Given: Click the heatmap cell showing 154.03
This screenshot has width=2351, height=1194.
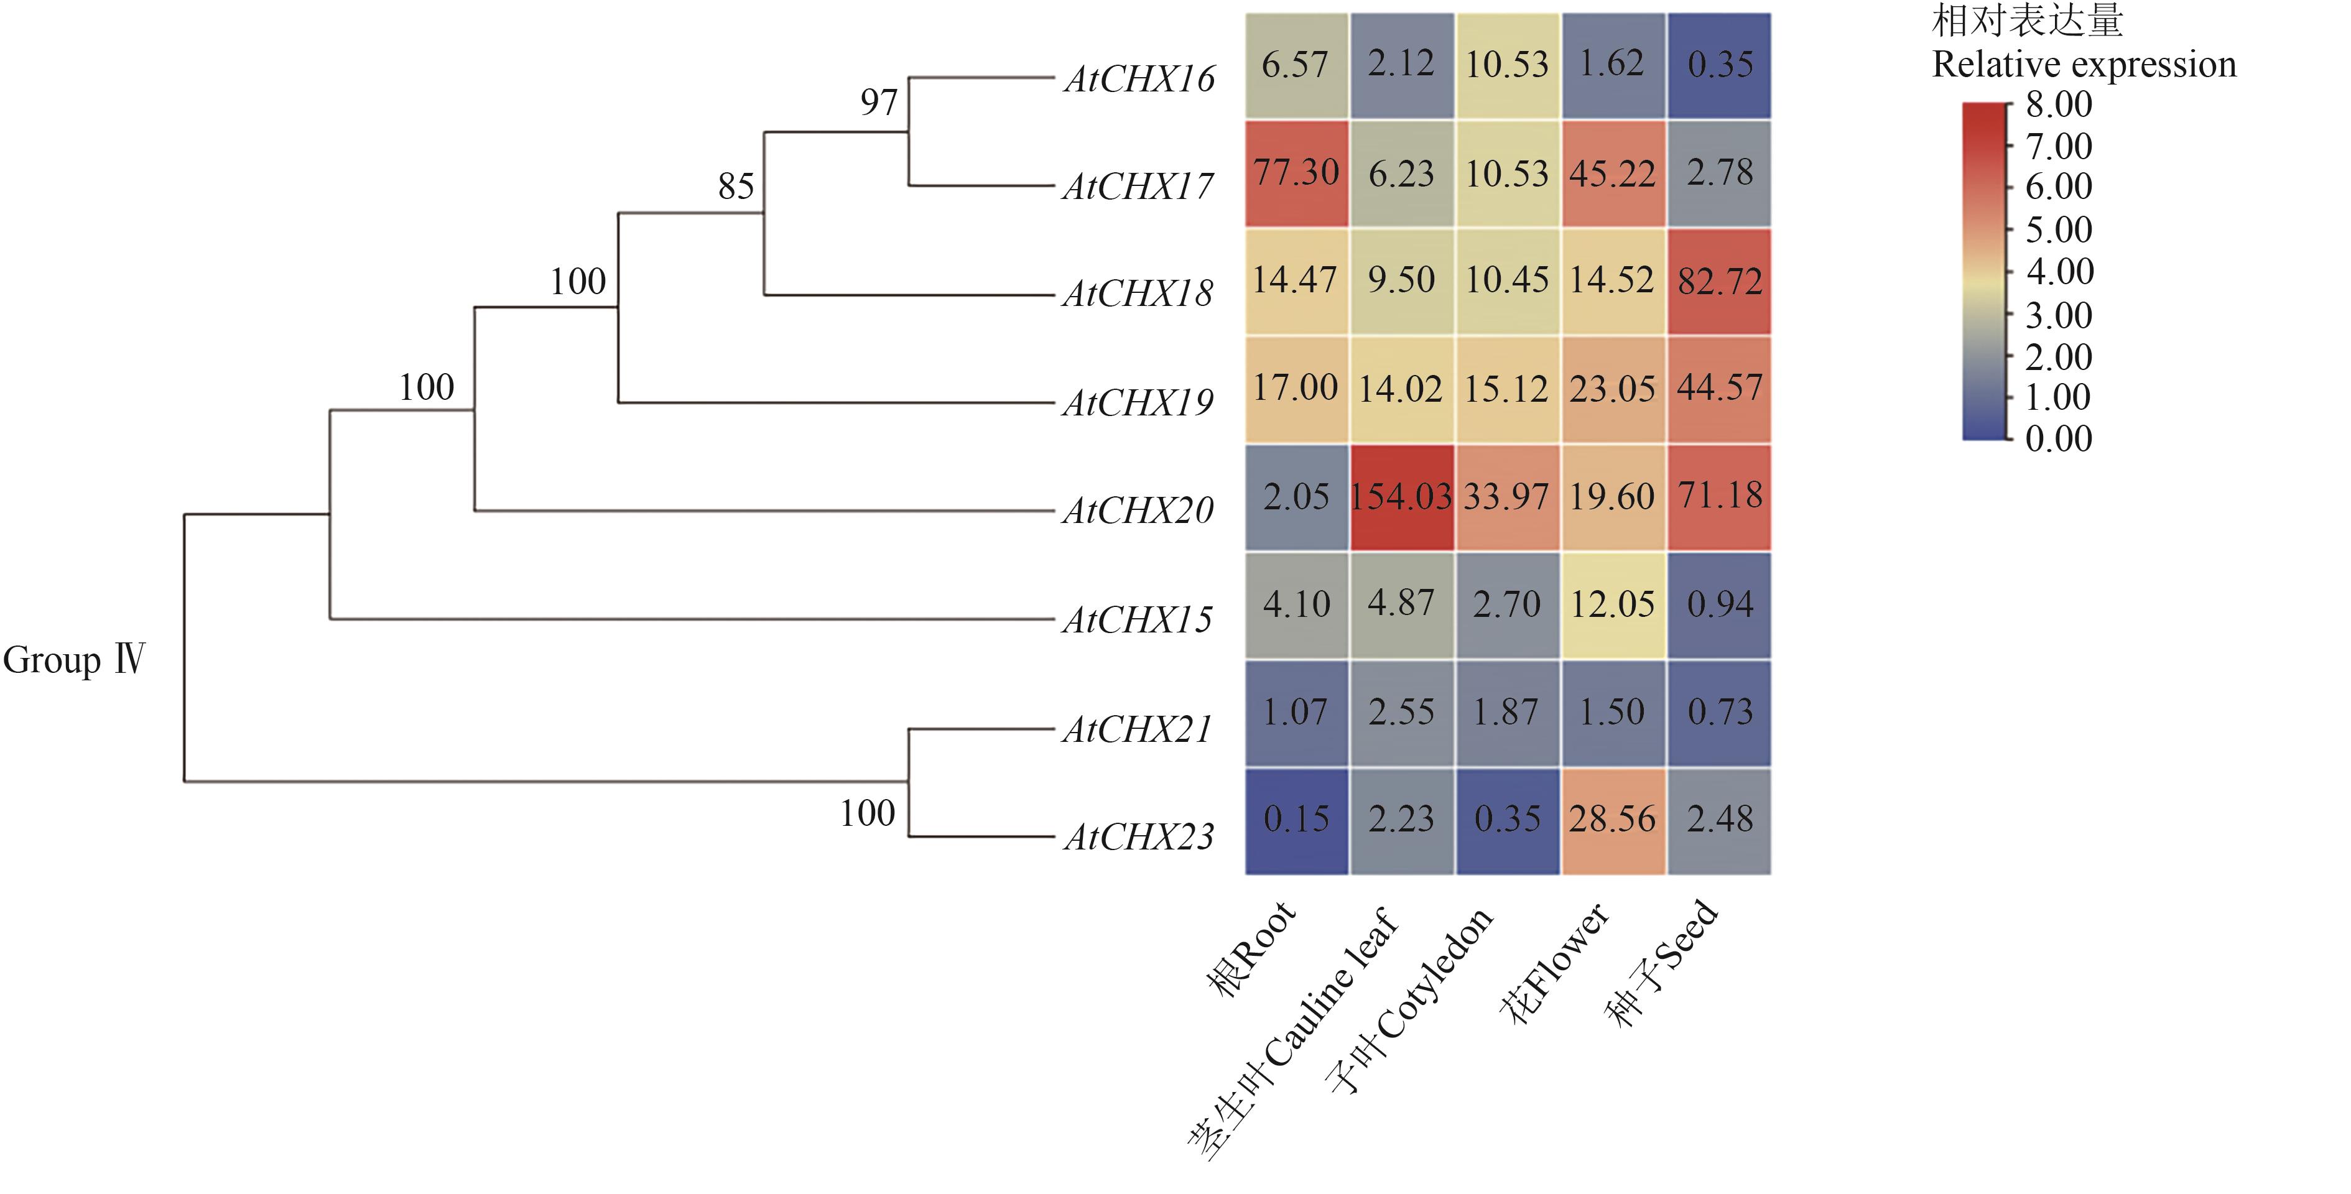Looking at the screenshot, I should point(1401,497).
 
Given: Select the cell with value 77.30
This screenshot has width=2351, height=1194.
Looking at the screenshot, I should point(1296,172).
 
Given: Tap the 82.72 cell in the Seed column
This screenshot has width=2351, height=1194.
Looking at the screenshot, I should point(1720,281).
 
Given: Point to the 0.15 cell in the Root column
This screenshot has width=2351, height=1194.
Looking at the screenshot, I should point(1296,820).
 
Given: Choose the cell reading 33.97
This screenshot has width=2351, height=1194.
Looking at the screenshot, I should point(1507,497).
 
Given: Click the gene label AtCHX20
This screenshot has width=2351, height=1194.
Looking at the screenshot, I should point(1138,511).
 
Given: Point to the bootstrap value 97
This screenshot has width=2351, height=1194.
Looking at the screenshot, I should point(879,102).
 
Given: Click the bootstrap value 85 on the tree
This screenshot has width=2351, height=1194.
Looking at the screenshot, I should point(736,187).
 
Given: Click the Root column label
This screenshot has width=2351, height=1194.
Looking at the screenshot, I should point(1250,950).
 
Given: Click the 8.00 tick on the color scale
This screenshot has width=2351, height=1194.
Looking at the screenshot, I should point(2059,105).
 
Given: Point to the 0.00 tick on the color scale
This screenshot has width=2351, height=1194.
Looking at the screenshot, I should point(2059,439).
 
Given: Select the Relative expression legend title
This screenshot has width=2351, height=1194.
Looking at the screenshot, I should point(2085,65).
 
